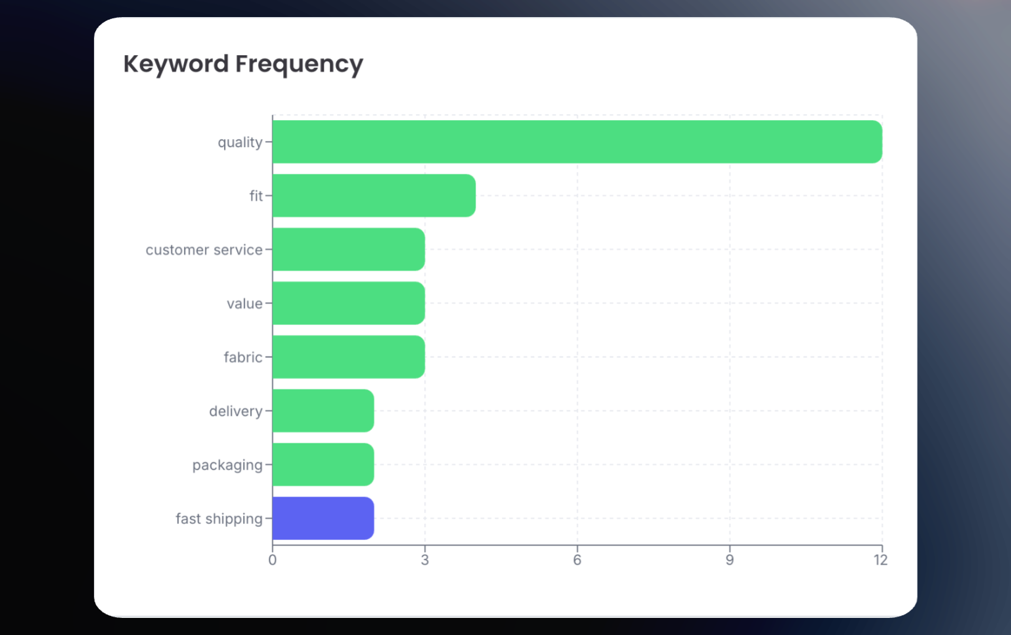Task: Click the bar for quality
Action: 577,142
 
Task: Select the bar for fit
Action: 374,196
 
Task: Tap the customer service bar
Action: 348,250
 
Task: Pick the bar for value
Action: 348,303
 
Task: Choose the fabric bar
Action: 348,357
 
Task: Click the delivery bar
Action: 323,411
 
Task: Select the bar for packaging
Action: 323,465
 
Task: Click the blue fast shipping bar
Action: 323,519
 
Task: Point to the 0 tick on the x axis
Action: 273,560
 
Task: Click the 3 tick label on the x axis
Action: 425,560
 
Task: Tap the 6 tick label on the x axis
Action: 577,560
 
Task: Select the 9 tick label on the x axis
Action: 730,560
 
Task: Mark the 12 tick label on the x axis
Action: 880,560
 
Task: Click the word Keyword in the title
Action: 176,64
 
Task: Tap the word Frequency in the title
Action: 299,64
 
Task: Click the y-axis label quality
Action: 240,142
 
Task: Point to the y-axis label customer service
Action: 204,250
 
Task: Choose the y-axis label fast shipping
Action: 219,519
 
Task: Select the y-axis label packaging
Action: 227,466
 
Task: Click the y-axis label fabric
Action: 242,357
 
